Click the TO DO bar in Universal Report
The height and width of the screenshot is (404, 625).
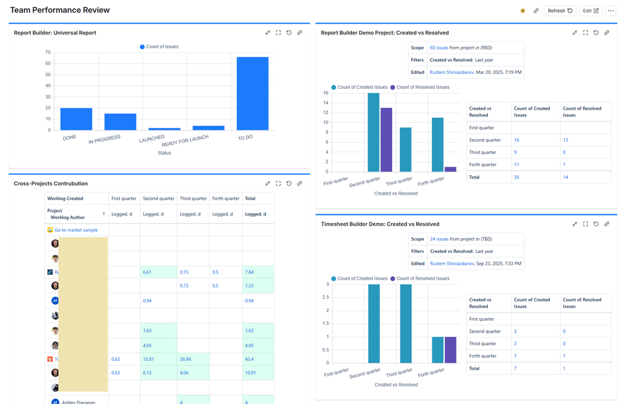252,94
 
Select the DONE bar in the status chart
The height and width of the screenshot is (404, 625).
76,119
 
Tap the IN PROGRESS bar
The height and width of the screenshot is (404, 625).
120,122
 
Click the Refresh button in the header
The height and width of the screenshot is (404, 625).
560,11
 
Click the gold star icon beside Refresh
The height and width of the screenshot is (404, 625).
523,11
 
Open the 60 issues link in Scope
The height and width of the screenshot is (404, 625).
439,48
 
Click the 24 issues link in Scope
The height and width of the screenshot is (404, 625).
439,239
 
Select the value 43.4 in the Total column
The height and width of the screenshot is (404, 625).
249,359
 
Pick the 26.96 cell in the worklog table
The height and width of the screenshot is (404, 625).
185,359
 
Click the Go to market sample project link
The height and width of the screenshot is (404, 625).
76,230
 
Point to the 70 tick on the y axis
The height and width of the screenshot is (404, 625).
48,53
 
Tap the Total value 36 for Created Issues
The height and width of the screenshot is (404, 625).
517,177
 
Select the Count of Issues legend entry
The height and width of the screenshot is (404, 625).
159,47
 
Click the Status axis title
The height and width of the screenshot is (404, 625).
164,153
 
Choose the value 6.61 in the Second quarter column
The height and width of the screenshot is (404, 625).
147,272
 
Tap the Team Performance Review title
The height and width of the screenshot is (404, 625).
60,10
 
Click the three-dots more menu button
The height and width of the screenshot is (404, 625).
611,11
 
